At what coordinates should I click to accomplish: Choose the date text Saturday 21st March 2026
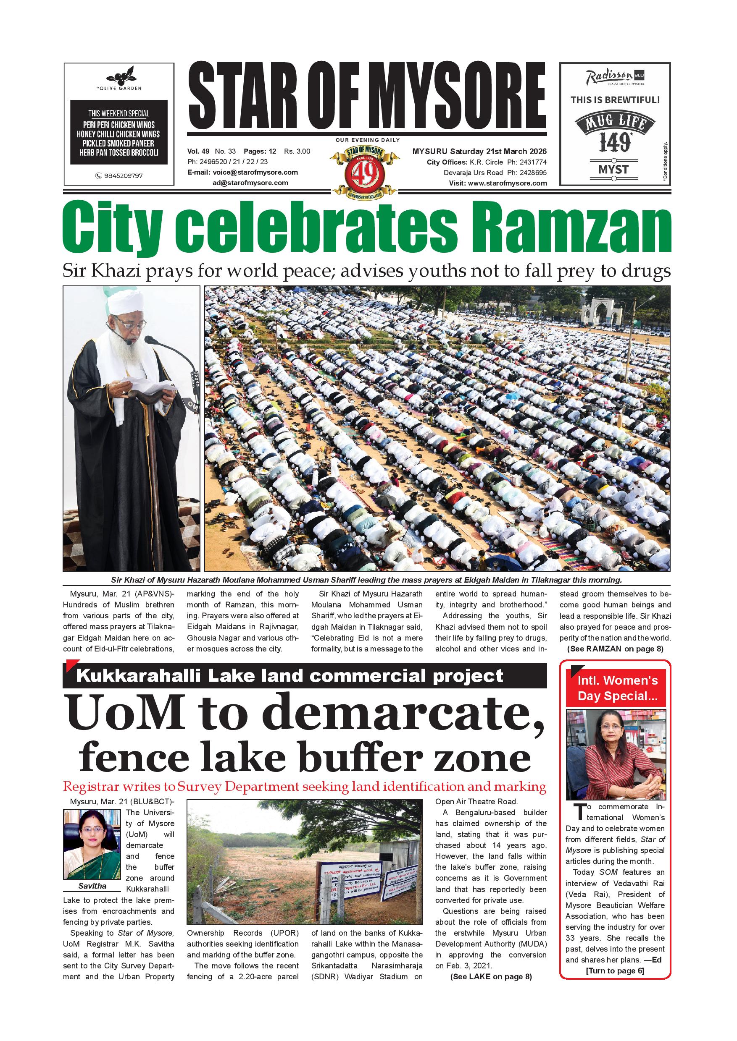tap(498, 152)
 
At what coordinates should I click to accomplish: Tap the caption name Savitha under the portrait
tap(92, 886)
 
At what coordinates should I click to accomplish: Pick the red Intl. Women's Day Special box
tap(617, 688)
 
